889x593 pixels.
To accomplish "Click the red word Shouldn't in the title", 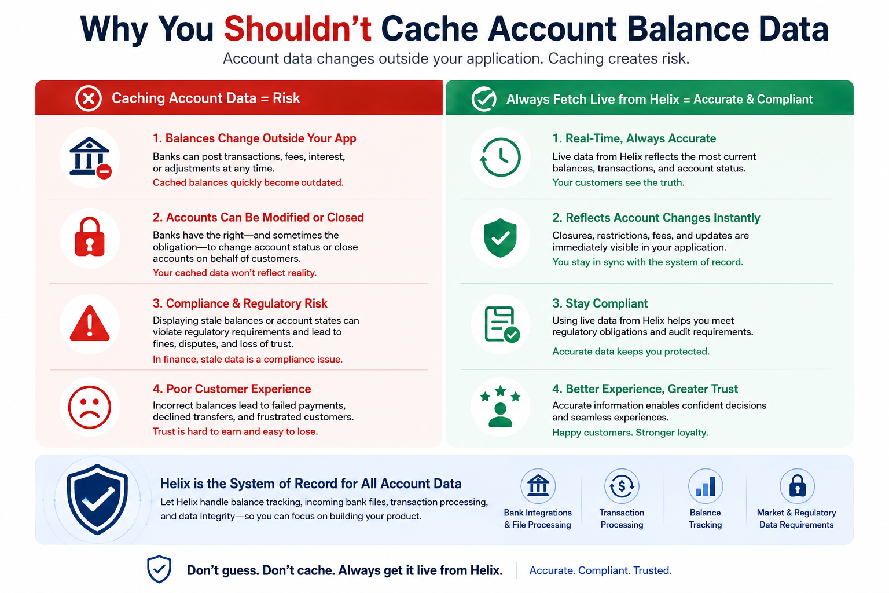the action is pyautogui.click(x=297, y=28).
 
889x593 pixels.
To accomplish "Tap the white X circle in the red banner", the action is pyautogui.click(x=89, y=98).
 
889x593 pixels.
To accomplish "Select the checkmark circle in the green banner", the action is pyautogui.click(x=484, y=99).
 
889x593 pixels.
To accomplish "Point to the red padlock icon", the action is pyautogui.click(x=90, y=237).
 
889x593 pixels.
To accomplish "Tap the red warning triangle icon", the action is pyautogui.click(x=90, y=324).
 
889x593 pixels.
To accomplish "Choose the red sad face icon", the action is pyautogui.click(x=90, y=407).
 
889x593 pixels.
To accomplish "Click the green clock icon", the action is pyautogui.click(x=500, y=158).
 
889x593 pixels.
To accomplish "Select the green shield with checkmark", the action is pyautogui.click(x=500, y=237).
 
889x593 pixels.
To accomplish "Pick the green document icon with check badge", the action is pyautogui.click(x=502, y=324).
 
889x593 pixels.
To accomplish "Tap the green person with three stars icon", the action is pyautogui.click(x=500, y=406).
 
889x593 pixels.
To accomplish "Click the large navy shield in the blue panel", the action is pyautogui.click(x=97, y=499).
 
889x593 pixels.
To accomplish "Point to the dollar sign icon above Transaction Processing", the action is pyautogui.click(x=622, y=486).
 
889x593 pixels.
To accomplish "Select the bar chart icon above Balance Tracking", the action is pyautogui.click(x=706, y=486).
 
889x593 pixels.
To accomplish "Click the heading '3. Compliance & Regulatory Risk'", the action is pyautogui.click(x=240, y=303).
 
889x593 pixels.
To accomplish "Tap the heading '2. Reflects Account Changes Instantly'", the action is pyautogui.click(x=656, y=218).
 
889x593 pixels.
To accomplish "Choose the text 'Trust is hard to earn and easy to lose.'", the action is pyautogui.click(x=236, y=432).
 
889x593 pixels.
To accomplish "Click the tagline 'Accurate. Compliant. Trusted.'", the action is pyautogui.click(x=600, y=570).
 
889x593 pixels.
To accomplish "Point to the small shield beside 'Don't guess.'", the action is pyautogui.click(x=159, y=569).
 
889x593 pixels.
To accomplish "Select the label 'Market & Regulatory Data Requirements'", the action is pyautogui.click(x=796, y=519).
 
